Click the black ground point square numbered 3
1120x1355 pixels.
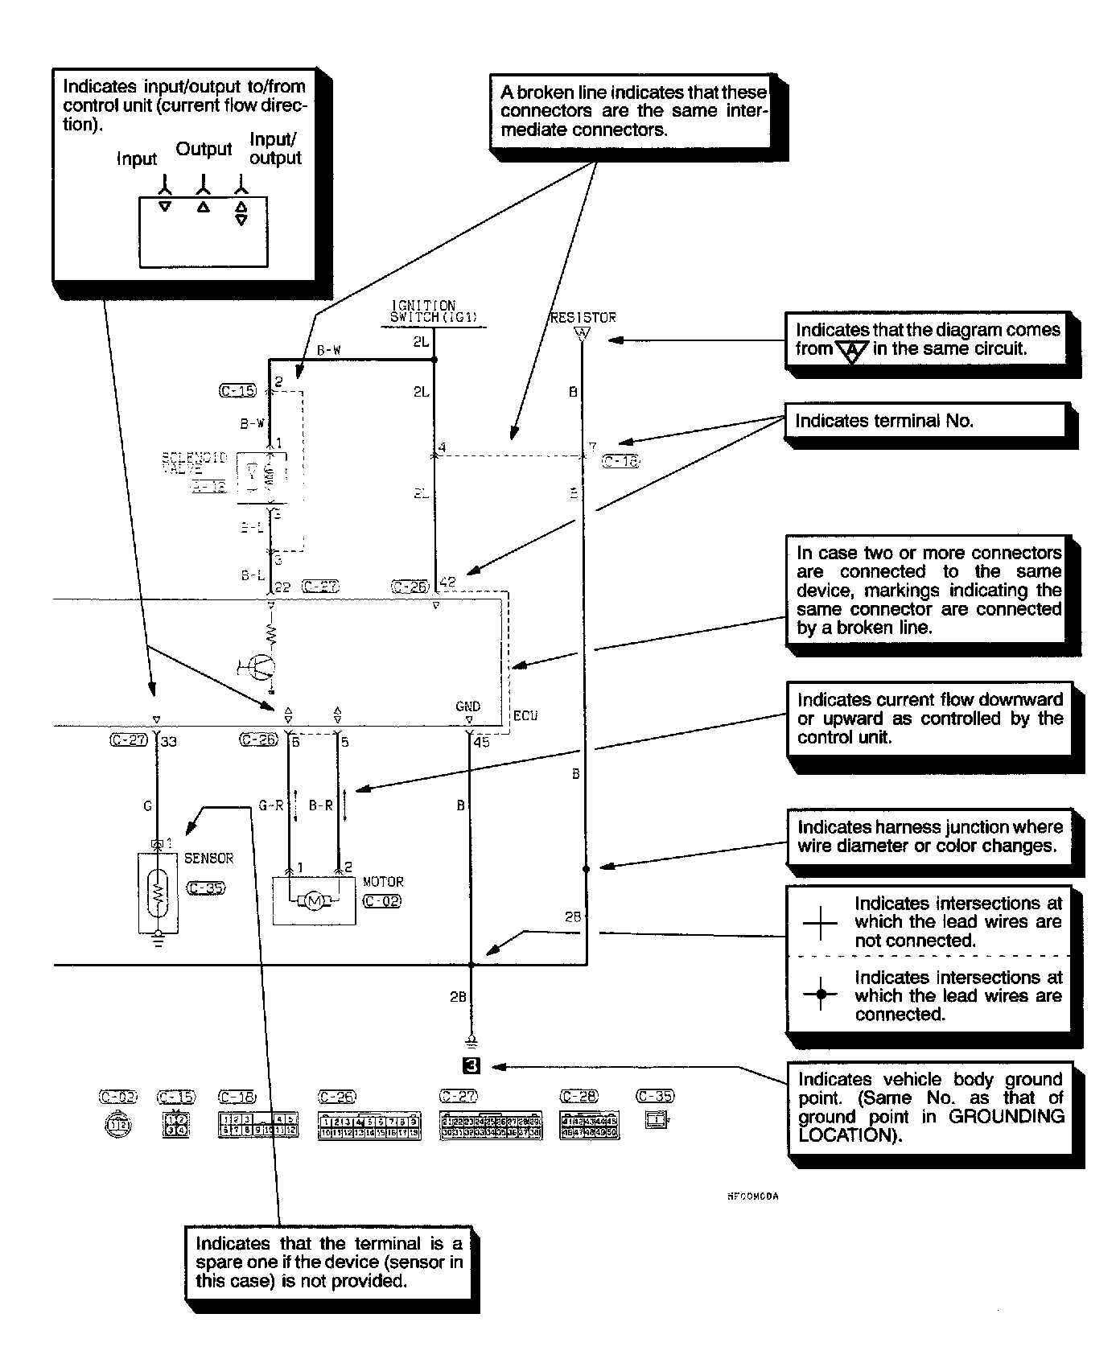click(471, 1066)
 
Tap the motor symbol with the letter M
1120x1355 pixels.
click(315, 900)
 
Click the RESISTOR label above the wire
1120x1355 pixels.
click(583, 318)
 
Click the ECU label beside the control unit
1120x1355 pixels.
click(525, 715)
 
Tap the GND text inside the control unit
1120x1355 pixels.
click(467, 706)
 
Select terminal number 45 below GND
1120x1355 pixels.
click(481, 742)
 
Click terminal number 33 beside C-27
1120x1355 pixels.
click(168, 742)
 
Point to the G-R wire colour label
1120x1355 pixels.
click(270, 805)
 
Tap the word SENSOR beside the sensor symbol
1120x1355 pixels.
click(208, 859)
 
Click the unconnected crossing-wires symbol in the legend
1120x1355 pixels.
click(820, 922)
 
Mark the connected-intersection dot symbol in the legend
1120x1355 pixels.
click(820, 995)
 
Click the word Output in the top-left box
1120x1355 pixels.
click(204, 149)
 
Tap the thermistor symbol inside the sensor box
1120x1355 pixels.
click(159, 891)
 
